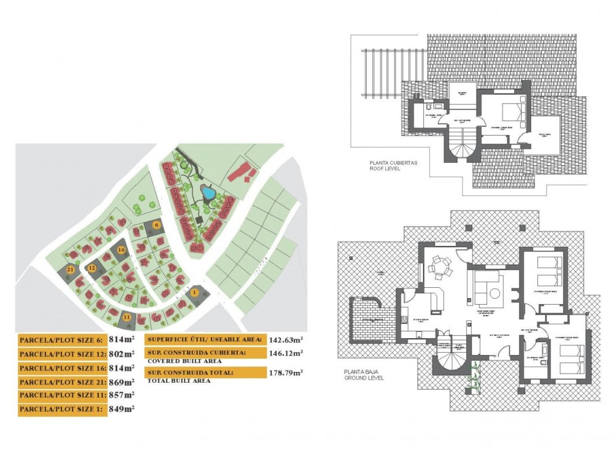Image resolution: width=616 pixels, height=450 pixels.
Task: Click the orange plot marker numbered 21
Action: pyautogui.click(x=70, y=270)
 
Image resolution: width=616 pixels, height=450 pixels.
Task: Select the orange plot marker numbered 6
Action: pyautogui.click(x=156, y=225)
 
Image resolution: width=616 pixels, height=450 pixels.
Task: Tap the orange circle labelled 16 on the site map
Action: pyautogui.click(x=120, y=250)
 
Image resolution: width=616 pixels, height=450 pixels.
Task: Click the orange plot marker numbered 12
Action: pyautogui.click(x=91, y=268)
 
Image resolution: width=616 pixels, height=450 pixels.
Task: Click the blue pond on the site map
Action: pyautogui.click(x=207, y=192)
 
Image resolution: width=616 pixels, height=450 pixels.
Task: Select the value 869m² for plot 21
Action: pyautogui.click(x=122, y=382)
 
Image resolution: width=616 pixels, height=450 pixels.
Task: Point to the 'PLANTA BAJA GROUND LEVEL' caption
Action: pyautogui.click(x=364, y=375)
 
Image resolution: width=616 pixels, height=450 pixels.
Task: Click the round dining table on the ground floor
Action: pyautogui.click(x=440, y=268)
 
